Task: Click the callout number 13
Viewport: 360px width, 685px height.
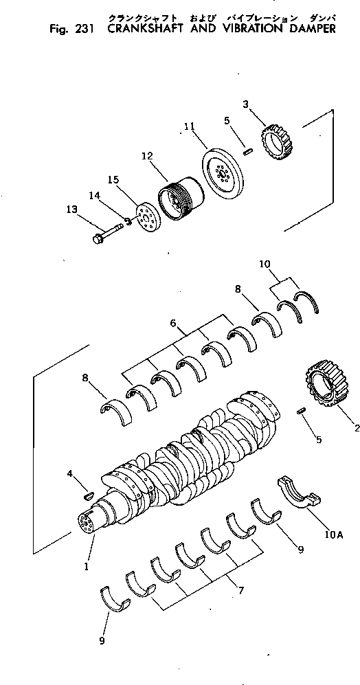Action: click(71, 210)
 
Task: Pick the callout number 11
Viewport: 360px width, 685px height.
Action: click(190, 126)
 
